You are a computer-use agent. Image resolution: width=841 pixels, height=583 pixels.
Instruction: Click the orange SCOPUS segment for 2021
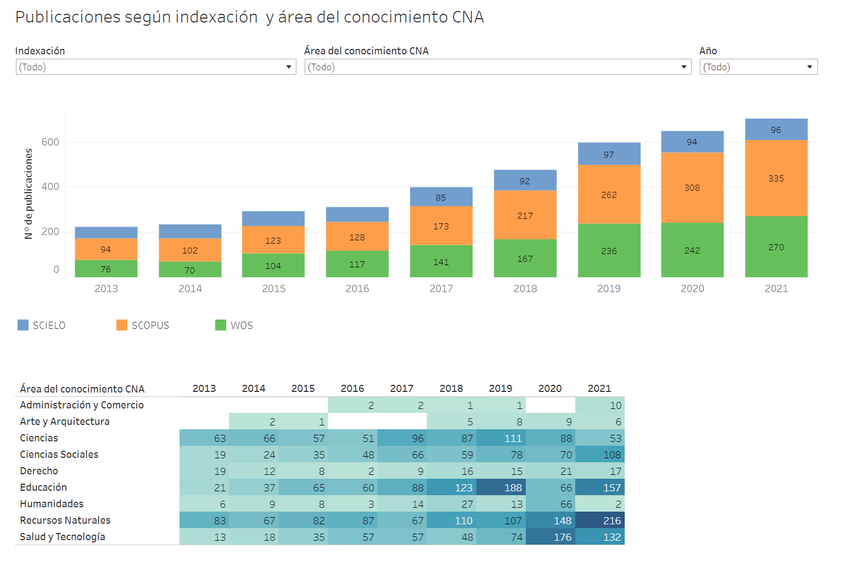(x=776, y=178)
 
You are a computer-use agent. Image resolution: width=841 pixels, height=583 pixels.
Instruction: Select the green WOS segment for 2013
(x=106, y=269)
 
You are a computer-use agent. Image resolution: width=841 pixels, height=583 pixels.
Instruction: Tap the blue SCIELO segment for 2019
(x=609, y=154)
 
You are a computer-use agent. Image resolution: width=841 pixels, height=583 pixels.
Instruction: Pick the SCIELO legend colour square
(x=23, y=325)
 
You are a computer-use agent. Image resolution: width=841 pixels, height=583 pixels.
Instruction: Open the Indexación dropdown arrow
(x=289, y=67)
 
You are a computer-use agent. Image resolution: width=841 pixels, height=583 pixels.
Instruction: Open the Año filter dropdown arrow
(x=810, y=67)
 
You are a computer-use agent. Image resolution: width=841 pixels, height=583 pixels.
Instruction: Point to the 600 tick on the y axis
(x=51, y=142)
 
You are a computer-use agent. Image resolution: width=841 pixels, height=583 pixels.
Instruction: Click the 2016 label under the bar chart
(x=357, y=289)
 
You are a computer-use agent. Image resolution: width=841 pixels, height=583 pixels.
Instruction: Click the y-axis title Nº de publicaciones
(x=29, y=194)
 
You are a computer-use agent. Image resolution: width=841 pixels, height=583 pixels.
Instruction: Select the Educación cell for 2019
(x=501, y=487)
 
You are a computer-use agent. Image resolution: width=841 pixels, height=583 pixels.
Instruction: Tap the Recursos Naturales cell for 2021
(x=599, y=520)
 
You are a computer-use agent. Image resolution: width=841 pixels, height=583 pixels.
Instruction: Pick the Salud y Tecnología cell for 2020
(x=550, y=537)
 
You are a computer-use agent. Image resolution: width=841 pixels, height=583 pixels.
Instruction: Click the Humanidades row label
(x=52, y=504)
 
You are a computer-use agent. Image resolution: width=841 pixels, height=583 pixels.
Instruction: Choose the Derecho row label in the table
(x=39, y=471)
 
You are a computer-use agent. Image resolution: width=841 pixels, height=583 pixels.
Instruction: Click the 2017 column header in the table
(x=402, y=389)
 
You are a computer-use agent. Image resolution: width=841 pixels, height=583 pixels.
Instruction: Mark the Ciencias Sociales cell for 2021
(x=599, y=455)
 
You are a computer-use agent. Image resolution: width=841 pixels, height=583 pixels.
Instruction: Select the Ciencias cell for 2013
(x=204, y=438)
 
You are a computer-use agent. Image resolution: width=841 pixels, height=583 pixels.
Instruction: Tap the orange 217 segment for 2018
(x=525, y=216)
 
